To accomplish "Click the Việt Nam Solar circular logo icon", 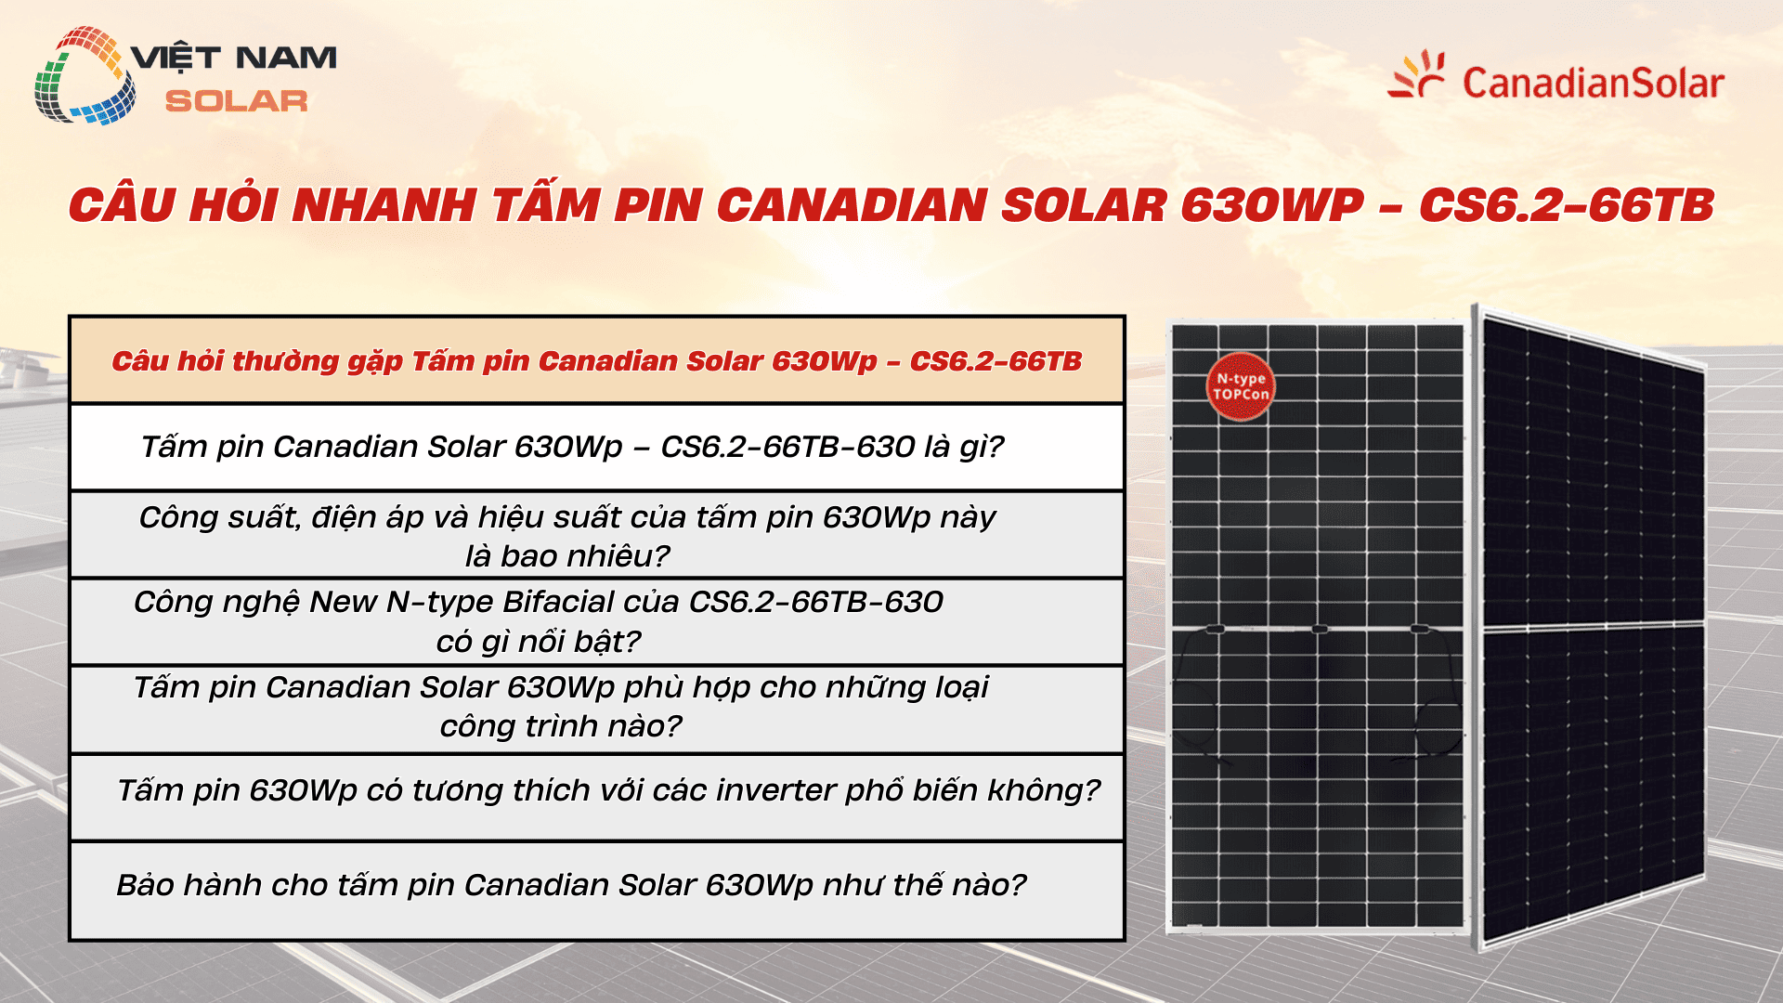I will point(84,76).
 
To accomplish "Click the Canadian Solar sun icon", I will point(1417,74).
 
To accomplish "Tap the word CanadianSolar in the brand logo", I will point(1593,84).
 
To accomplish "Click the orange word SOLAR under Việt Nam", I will point(236,101).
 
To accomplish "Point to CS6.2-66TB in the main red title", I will point(1566,205).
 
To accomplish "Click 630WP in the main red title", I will point(1271,205).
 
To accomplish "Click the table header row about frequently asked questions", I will point(596,360).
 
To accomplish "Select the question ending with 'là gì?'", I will point(572,447).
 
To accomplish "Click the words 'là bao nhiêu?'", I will point(566,556).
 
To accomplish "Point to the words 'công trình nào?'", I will point(561,726).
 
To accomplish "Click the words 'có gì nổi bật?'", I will point(539,642).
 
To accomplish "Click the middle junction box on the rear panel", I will point(1320,630).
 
